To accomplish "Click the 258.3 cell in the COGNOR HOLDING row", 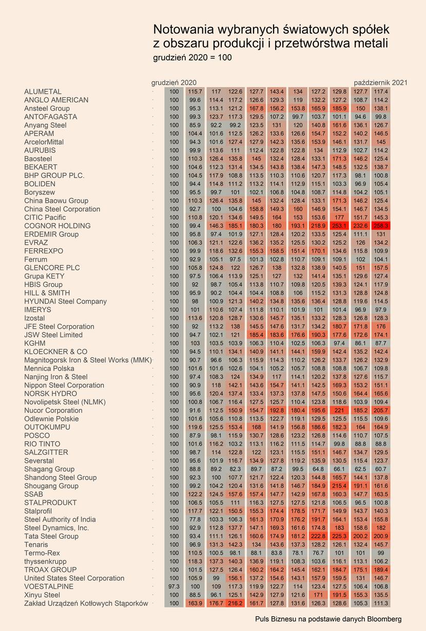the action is tap(381, 226).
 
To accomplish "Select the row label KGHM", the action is tap(35, 343).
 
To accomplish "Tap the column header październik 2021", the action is tap(380, 83).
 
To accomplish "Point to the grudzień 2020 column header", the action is tap(174, 83).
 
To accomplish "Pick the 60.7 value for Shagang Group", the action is tap(381, 469).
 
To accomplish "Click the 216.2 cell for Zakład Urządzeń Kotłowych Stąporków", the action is tap(235, 603).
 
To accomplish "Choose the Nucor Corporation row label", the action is tap(53, 410).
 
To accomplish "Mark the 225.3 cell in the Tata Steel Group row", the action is tap(339, 536).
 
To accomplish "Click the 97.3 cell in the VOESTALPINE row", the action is tap(174, 586).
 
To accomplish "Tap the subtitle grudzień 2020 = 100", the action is tap(192, 57).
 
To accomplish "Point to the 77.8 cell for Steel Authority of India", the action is tap(195, 519).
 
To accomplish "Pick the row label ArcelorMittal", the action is tap(44, 142).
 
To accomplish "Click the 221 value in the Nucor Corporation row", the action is tap(339, 410).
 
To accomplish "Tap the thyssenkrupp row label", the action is tap(45, 561).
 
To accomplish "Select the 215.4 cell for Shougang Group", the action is tap(339, 486).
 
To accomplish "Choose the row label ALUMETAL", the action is tap(43, 91).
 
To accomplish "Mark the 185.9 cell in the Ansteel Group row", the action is tap(339, 108).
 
